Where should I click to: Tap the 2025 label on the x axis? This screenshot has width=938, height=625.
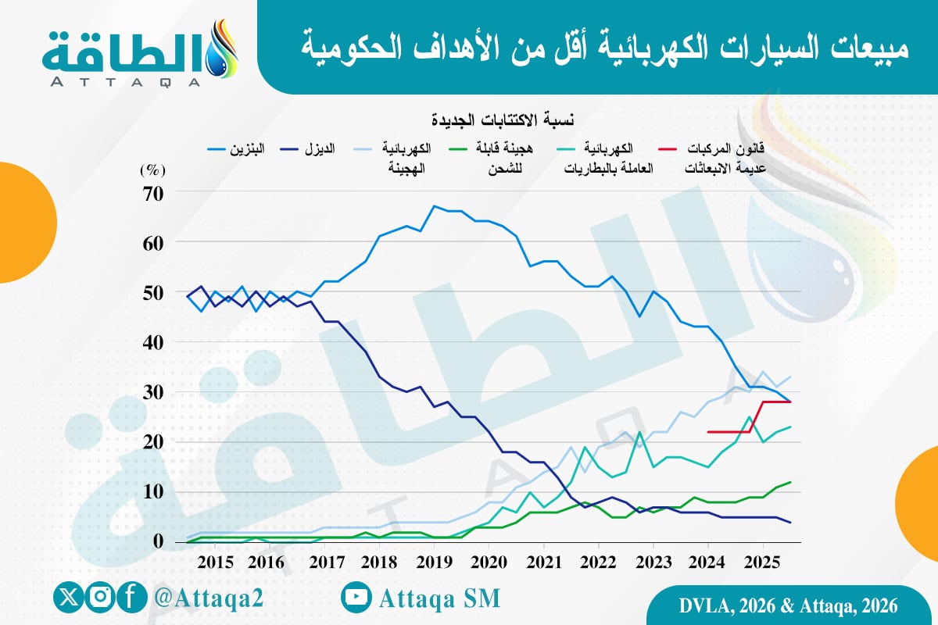[764, 562]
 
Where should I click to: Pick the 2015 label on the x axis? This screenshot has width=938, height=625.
[217, 562]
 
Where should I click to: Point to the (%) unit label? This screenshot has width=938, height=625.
[150, 168]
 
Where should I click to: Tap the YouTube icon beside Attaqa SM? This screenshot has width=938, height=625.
[356, 598]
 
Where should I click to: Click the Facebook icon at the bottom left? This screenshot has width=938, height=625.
[133, 598]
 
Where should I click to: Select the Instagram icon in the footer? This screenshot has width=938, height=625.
[100, 598]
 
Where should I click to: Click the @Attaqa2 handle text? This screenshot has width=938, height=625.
[209, 598]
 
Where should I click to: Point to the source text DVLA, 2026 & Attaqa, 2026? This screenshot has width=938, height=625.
[786, 605]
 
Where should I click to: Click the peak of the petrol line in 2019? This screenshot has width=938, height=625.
[435, 207]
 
